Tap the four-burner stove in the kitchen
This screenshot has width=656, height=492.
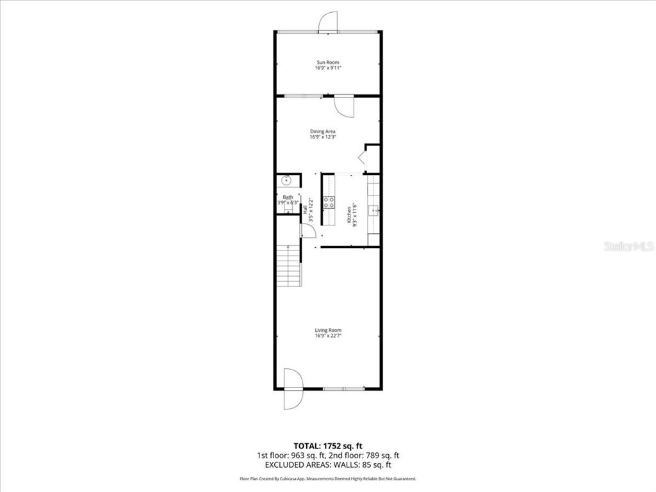pyautogui.click(x=329, y=202)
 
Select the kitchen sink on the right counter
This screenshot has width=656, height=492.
pyautogui.click(x=373, y=209)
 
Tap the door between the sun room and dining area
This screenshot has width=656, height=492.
pyautogui.click(x=343, y=106)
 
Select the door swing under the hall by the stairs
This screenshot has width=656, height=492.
pyautogui.click(x=307, y=230)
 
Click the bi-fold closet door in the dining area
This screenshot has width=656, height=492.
pyautogui.click(x=361, y=158)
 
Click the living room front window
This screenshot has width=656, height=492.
pyautogui.click(x=343, y=389)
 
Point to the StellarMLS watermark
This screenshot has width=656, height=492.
pyautogui.click(x=628, y=246)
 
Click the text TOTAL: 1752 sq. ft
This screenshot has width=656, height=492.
pyautogui.click(x=327, y=445)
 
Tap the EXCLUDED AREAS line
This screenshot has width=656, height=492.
pyautogui.click(x=327, y=465)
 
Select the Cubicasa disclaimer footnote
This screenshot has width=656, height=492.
pyautogui.click(x=327, y=479)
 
